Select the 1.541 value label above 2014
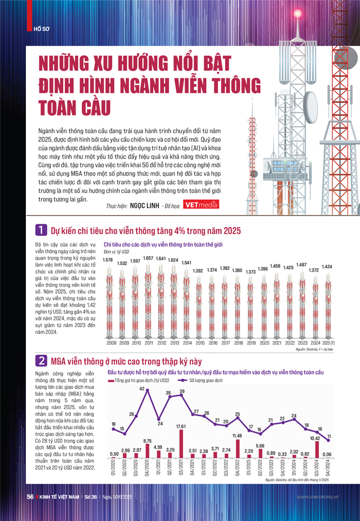click(x=186, y=263)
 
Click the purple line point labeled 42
click(x=146, y=390)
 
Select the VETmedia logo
click(x=200, y=205)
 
